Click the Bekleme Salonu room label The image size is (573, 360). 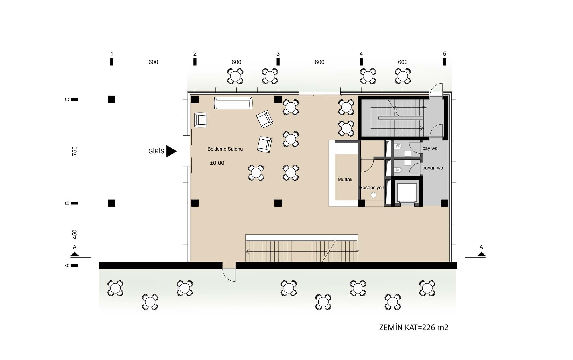pos(225,149)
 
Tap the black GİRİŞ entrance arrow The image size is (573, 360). pos(171,151)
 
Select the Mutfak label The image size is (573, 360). pos(345,180)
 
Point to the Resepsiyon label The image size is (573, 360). pos(372,188)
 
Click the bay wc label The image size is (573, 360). pos(430,148)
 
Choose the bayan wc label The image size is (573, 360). pos(433,168)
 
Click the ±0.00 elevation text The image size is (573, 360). pos(217,163)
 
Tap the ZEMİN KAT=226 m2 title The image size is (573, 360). pos(414,327)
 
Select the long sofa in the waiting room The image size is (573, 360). pos(233,103)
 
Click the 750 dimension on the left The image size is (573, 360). pos(74,151)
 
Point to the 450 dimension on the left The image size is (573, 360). pos(74,234)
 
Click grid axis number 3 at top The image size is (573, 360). pos(278,54)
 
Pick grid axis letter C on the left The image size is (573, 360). pos(67,99)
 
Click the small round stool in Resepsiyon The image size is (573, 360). pos(373,195)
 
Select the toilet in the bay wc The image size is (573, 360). pos(398,147)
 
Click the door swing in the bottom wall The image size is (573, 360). pos(229,275)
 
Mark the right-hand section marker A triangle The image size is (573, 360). pos(481,254)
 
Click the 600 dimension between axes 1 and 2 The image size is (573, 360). pos(153,62)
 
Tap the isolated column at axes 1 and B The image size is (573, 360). pos(112,203)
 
